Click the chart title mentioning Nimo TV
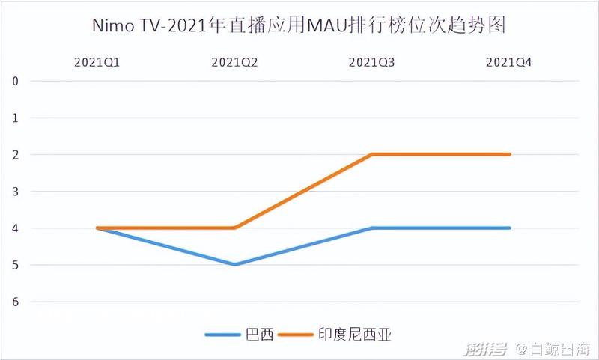coord(299,26)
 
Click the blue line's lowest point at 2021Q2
coord(235,264)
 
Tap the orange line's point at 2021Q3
coord(372,154)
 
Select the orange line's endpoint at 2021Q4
coord(510,154)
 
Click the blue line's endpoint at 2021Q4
coord(510,228)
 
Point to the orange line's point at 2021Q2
coord(235,228)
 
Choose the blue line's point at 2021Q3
coord(372,228)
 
